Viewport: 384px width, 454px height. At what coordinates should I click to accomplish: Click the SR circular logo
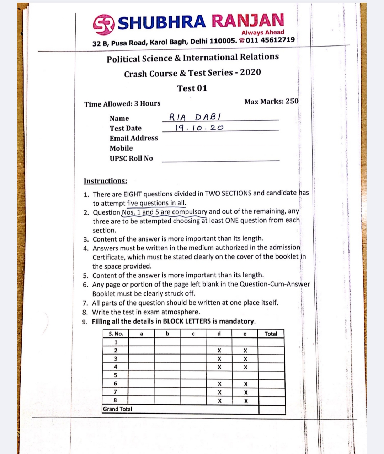coord(104,24)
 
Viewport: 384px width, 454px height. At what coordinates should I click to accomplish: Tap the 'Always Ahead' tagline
coord(263,32)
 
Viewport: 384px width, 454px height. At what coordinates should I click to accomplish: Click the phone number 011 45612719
coord(270,40)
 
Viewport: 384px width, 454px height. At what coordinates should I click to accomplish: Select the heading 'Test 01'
coord(192,88)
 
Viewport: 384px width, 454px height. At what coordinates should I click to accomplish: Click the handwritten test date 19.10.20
coord(199,128)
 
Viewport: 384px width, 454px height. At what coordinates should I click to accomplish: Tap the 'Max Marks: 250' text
coord(271,102)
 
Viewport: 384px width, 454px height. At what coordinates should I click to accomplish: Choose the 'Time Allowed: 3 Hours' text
coord(122,104)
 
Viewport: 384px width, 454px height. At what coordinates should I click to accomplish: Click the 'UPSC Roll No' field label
coord(131,158)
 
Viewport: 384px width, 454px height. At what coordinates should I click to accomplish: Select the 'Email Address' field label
coord(134,138)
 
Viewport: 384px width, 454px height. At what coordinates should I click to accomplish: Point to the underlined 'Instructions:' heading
coord(105,181)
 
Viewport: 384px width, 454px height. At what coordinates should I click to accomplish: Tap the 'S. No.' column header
coord(116,334)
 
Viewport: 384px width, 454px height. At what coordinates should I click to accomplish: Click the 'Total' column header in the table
coord(271,334)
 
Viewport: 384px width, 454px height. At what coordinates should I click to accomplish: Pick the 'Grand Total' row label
coord(117,409)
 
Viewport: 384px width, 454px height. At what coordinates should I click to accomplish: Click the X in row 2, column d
coord(219,351)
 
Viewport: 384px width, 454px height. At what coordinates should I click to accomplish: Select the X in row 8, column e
coord(245,401)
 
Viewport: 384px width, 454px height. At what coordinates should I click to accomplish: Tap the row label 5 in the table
coord(116,375)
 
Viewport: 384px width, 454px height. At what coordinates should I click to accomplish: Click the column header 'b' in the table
coord(167,334)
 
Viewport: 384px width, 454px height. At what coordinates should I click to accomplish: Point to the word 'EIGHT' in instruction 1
coord(132,194)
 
